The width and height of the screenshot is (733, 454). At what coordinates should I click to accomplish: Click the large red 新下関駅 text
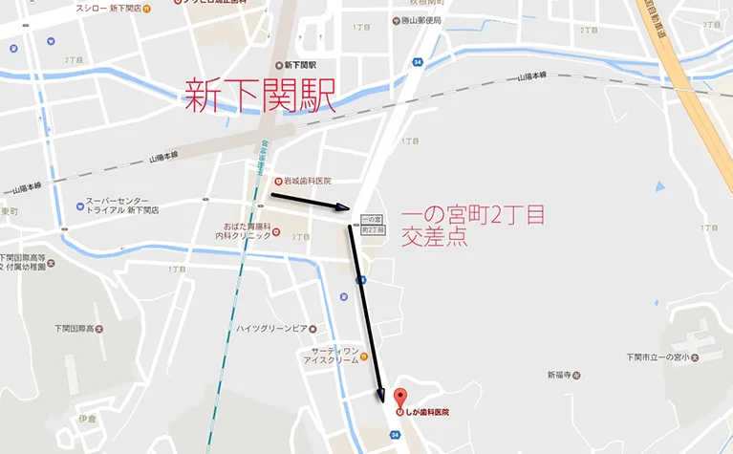[259, 97]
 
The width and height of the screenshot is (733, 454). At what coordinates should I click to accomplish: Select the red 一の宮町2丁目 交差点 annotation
[473, 227]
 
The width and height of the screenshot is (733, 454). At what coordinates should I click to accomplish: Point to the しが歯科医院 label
[427, 413]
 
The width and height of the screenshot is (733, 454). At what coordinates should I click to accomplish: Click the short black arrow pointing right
[311, 201]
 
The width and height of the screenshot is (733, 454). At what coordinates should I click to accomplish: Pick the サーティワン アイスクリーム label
[331, 356]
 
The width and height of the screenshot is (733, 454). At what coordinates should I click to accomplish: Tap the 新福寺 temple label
[563, 374]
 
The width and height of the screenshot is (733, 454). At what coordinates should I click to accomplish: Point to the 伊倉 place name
[87, 418]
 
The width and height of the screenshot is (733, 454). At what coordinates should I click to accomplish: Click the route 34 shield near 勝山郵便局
[418, 62]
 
